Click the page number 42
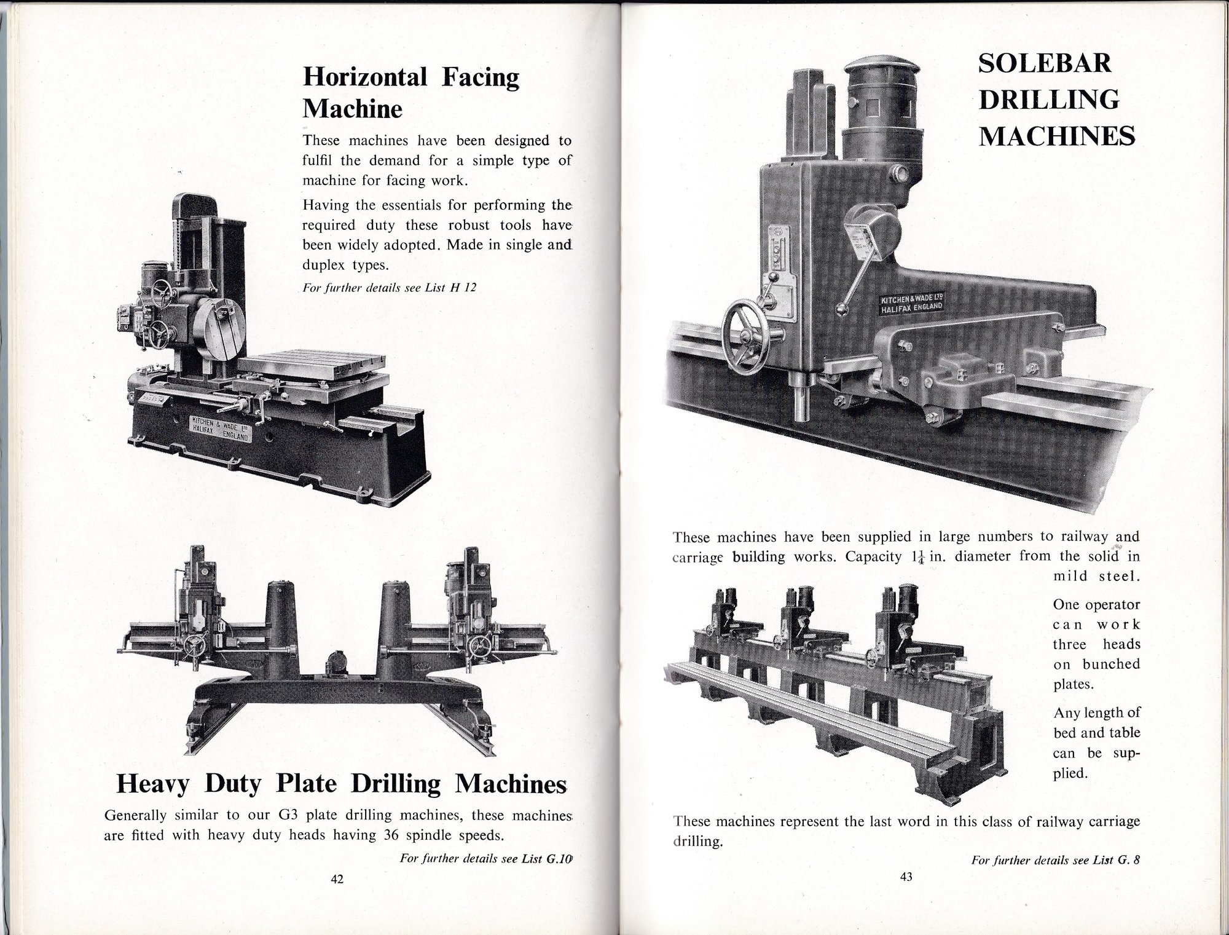click(337, 879)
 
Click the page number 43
click(906, 877)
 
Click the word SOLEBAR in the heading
click(1045, 64)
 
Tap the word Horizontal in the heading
click(365, 77)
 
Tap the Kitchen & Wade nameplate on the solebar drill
click(913, 304)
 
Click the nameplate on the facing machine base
click(219, 428)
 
